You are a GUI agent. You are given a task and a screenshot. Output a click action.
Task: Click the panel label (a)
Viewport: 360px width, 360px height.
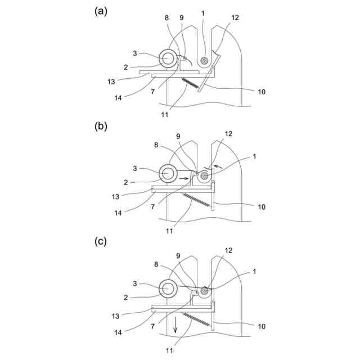pos(101,12)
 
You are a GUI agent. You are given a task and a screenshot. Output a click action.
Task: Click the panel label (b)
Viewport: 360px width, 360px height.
pos(101,126)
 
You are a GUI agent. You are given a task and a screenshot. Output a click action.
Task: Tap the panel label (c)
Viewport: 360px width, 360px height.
pos(101,242)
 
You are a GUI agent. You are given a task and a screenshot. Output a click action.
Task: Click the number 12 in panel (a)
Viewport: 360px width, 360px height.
pos(235,17)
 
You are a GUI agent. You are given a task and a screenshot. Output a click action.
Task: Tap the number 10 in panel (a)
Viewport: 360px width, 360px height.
pos(262,91)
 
